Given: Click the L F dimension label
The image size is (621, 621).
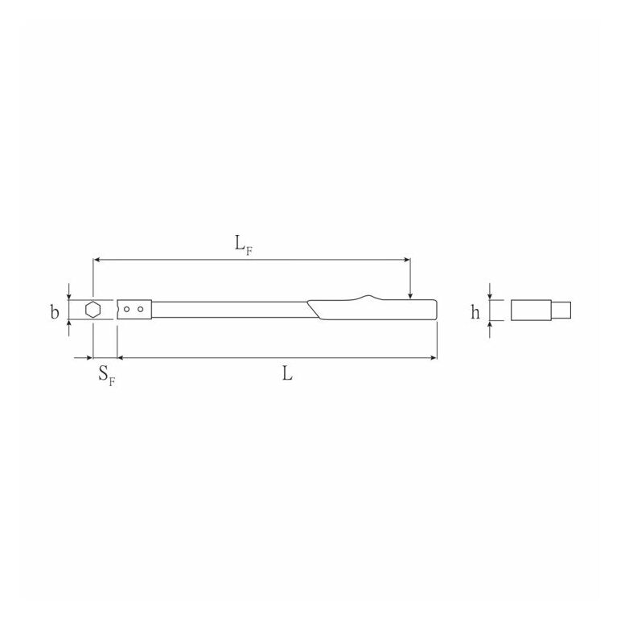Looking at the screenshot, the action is [x=243, y=245].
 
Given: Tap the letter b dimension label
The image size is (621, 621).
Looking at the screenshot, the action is [x=55, y=312].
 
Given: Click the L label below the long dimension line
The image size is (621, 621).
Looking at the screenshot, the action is [x=287, y=373].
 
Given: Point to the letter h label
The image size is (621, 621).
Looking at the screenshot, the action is [x=475, y=312].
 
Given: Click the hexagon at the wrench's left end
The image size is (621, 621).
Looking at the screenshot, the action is [x=93, y=310].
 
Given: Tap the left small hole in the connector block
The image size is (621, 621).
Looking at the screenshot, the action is [x=127, y=310].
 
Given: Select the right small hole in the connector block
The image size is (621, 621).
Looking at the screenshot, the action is [x=141, y=310].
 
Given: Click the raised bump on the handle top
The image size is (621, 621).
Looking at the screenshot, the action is [x=368, y=297].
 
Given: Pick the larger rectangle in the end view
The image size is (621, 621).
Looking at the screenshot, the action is [x=531, y=310].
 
